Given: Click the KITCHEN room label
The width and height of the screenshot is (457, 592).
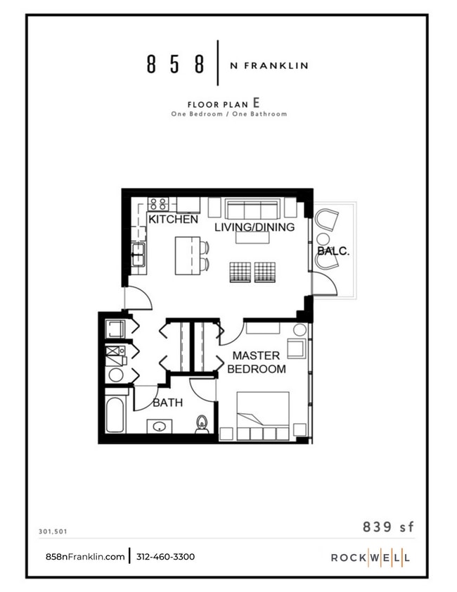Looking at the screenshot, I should pyautogui.click(x=173, y=220).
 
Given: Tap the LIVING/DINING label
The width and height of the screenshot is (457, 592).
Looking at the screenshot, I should pyautogui.click(x=254, y=227).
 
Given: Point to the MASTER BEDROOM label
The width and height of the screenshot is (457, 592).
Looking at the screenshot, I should pyautogui.click(x=256, y=362).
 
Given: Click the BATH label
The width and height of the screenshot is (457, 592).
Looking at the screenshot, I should pyautogui.click(x=167, y=403).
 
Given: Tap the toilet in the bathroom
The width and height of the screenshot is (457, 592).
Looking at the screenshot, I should pyautogui.click(x=202, y=424).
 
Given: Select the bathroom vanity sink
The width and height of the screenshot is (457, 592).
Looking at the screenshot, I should pyautogui.click(x=159, y=426).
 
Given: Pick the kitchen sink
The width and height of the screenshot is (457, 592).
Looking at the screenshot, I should pyautogui.click(x=137, y=254).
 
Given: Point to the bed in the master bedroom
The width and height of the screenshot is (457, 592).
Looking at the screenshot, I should pyautogui.click(x=262, y=415).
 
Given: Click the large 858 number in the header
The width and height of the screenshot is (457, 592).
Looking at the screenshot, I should pyautogui.click(x=176, y=65).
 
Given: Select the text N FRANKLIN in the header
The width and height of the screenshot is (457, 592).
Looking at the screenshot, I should pyautogui.click(x=269, y=65).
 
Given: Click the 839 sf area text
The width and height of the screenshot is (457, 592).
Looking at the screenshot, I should pyautogui.click(x=386, y=527).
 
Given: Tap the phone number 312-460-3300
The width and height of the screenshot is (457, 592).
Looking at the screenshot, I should pyautogui.click(x=165, y=557).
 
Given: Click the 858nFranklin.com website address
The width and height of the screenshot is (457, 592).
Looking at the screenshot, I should pyautogui.click(x=85, y=557).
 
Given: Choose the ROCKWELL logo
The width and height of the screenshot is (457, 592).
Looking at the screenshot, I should pyautogui.click(x=371, y=558).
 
